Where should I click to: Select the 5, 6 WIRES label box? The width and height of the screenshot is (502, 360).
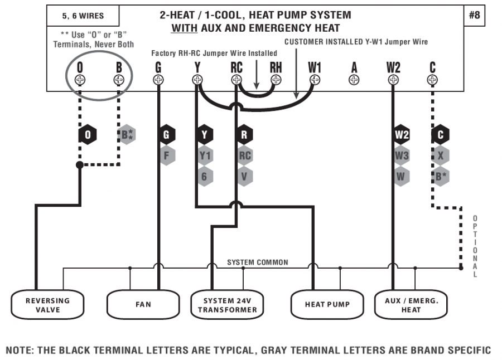point(83,16)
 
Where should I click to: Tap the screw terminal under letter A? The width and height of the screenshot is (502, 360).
point(354,80)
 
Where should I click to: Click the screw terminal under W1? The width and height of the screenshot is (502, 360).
point(315,80)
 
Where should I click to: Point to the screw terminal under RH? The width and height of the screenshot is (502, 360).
point(276,80)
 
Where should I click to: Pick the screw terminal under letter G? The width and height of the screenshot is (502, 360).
point(158,80)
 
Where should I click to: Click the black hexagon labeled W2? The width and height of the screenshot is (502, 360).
point(402,135)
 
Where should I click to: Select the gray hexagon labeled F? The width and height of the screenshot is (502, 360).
point(166,155)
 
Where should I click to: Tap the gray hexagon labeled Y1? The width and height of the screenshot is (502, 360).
point(205,155)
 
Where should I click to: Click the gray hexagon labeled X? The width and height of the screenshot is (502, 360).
point(441,155)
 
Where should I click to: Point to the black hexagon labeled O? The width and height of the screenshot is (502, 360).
point(87,135)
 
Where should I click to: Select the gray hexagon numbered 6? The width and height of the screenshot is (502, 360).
point(205,176)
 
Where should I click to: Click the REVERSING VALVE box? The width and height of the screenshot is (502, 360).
point(47,305)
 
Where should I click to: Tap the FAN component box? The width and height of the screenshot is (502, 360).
point(143,305)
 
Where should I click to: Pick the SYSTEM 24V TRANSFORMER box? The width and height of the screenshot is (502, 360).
point(226,305)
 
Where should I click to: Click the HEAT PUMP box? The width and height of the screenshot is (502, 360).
point(327,305)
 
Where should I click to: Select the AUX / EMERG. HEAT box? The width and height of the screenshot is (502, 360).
point(411,305)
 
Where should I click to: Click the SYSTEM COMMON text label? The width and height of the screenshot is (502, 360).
point(257,262)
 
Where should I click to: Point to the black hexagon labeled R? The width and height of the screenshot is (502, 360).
point(244,135)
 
